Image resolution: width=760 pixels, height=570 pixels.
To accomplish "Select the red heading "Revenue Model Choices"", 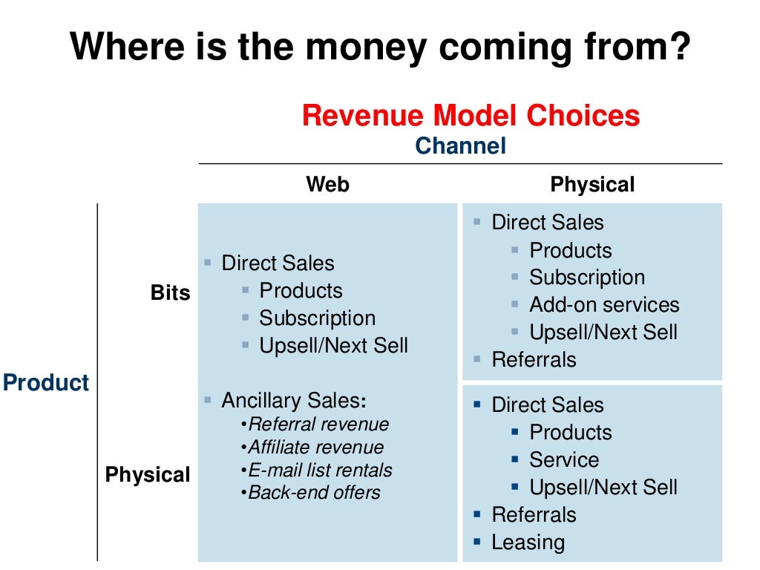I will pyautogui.click(x=471, y=116).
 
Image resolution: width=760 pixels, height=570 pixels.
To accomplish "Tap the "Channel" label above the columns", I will pyautogui.click(x=460, y=145).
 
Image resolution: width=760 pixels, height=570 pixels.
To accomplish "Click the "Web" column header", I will pyautogui.click(x=327, y=184).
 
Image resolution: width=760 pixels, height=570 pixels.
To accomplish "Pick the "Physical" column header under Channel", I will pyautogui.click(x=592, y=184).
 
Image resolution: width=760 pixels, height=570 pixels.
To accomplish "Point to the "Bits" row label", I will pyautogui.click(x=170, y=292).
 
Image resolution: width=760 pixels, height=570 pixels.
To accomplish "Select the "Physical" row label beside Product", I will pyautogui.click(x=148, y=474).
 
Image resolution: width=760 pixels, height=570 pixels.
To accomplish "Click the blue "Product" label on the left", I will pyautogui.click(x=46, y=383).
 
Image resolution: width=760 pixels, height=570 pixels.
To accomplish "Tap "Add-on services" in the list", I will pyautogui.click(x=604, y=305).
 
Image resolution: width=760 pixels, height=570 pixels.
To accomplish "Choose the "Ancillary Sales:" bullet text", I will pyautogui.click(x=294, y=401).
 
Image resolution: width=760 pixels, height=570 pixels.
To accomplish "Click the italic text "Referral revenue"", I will pyautogui.click(x=318, y=425).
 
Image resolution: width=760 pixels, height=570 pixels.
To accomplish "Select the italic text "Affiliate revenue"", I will pyautogui.click(x=315, y=448).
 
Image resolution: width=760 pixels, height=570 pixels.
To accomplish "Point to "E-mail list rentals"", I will pyautogui.click(x=320, y=471).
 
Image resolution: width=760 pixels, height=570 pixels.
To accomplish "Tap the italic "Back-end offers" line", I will pyautogui.click(x=314, y=493).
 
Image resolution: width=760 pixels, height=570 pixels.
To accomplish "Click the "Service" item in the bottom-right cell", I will pyautogui.click(x=563, y=460).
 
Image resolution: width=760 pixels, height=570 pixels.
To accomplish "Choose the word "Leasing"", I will pyautogui.click(x=528, y=543).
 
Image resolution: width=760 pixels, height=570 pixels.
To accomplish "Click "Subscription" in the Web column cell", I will pyautogui.click(x=317, y=318).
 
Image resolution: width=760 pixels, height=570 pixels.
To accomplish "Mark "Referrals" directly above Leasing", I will pyautogui.click(x=534, y=515).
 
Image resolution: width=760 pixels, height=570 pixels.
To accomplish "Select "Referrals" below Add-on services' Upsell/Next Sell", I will pyautogui.click(x=534, y=360).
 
